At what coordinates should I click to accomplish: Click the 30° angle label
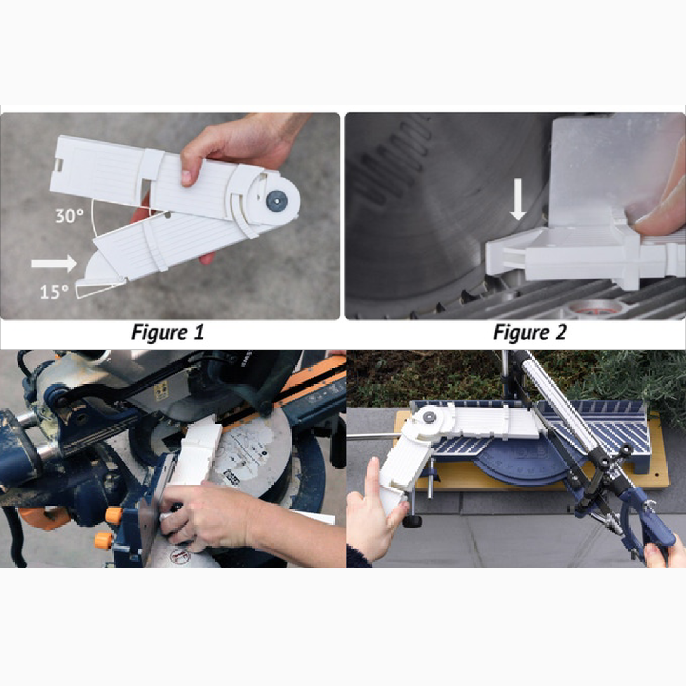coord(69,216)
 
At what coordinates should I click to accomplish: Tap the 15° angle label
coord(54,292)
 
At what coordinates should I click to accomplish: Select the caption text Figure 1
coord(168,332)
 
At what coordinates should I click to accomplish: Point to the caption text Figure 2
coord(530,332)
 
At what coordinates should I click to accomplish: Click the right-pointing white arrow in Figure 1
coord(54,264)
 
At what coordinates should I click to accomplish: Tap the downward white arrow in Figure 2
coord(518,199)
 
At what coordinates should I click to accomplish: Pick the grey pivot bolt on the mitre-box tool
coord(429,417)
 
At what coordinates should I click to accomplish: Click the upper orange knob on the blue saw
coord(113,515)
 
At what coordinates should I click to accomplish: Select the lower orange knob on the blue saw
coord(104,541)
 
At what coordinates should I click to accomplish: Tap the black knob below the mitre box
coord(412,521)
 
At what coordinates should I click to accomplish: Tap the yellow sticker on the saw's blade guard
coord(161,390)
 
